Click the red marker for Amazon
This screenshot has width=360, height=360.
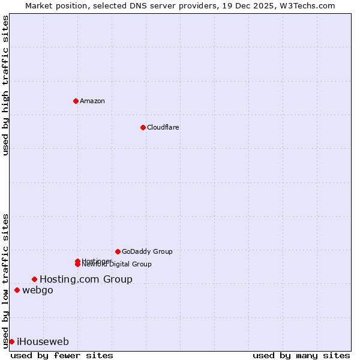(x=76, y=101)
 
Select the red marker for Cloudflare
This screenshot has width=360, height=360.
(x=143, y=127)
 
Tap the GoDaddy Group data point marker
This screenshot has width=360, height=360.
(x=118, y=251)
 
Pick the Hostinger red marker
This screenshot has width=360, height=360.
(x=77, y=261)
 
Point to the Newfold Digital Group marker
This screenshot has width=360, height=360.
(x=77, y=265)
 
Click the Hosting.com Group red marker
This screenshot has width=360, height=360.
(x=34, y=279)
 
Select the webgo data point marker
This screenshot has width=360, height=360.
(x=17, y=290)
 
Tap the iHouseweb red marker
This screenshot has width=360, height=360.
(x=11, y=341)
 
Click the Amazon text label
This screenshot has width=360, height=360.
(x=92, y=101)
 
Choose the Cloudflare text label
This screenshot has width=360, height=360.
(x=163, y=127)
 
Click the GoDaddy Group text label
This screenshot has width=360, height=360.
(x=147, y=251)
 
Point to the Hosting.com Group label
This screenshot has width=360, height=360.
(x=86, y=279)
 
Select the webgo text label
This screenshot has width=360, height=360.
(x=38, y=290)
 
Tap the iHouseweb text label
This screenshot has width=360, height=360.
(x=43, y=342)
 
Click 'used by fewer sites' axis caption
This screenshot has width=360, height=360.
(x=62, y=355)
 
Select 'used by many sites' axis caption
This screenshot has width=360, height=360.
(x=301, y=355)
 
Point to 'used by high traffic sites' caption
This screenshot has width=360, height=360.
(x=5, y=85)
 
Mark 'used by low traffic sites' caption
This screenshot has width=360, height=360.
(x=5, y=280)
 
